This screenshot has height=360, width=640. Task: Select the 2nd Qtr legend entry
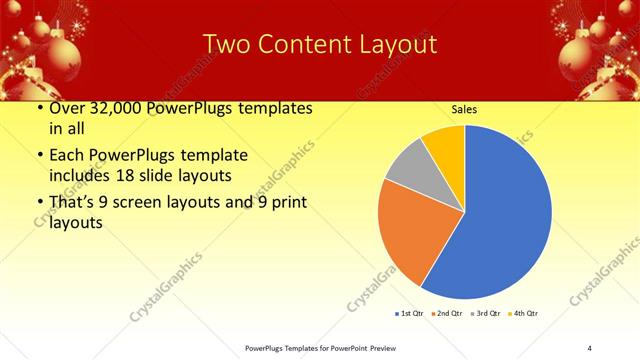[x=445, y=314]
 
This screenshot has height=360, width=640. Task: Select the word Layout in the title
[x=395, y=44]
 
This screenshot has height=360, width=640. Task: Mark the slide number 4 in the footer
[x=590, y=348]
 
